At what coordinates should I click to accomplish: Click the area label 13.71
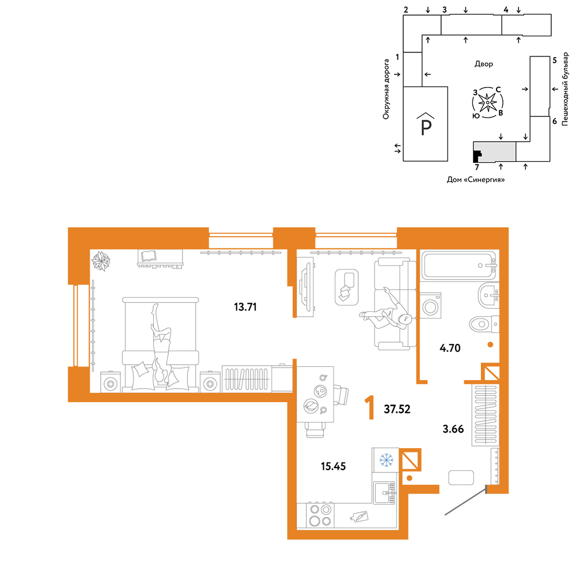coord(245,307)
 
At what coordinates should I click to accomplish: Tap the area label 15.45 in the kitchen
coord(333,466)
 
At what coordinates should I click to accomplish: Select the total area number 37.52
coord(397,409)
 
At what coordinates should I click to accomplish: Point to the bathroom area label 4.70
coord(450,347)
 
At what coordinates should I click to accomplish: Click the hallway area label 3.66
coord(453,429)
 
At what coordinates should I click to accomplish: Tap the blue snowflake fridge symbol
coord(386,460)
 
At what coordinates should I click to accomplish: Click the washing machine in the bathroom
coord(430,305)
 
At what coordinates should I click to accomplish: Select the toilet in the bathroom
coord(484,324)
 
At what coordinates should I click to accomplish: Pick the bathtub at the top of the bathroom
coord(460,265)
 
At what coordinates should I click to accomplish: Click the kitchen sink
coord(384,492)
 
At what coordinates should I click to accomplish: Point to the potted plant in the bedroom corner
coord(101,261)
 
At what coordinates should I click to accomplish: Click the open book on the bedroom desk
coord(149,256)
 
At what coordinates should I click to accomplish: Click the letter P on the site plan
coord(426,128)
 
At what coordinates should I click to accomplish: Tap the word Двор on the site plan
coord(483,64)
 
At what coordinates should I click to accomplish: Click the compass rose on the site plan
coord(487,103)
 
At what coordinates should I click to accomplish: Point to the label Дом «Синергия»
coord(475,180)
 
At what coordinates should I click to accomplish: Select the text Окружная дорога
coord(386,89)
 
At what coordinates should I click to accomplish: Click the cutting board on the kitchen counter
coord(359,517)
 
